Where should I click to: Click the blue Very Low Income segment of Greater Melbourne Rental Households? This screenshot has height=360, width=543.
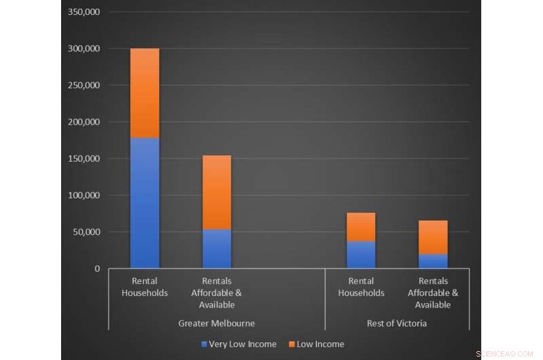click(x=145, y=203)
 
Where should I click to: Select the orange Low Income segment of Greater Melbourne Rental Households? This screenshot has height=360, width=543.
click(x=145, y=93)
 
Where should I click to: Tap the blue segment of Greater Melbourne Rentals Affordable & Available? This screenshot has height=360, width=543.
click(x=217, y=249)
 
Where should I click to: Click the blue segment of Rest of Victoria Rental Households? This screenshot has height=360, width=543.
click(x=361, y=255)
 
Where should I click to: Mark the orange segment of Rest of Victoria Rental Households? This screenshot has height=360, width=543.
click(x=361, y=227)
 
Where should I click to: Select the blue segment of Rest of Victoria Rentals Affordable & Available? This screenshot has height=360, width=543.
click(x=433, y=261)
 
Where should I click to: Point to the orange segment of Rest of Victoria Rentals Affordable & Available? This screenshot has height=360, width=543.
click(x=433, y=237)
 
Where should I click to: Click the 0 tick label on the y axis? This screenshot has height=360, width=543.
click(x=97, y=269)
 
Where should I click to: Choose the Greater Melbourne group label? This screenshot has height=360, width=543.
click(x=217, y=323)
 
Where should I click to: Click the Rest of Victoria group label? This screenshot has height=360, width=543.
click(x=397, y=323)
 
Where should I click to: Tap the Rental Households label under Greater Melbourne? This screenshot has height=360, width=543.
click(x=145, y=287)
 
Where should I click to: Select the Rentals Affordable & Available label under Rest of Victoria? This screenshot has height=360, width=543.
click(x=433, y=293)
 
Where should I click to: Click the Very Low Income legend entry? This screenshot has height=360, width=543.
click(x=238, y=344)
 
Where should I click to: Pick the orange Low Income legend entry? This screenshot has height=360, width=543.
click(x=316, y=344)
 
